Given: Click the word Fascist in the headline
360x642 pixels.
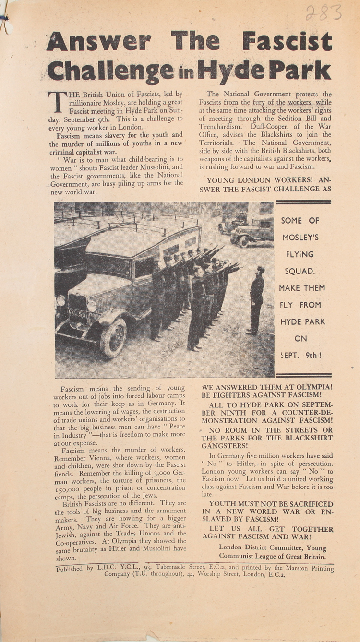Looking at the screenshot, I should [287, 41].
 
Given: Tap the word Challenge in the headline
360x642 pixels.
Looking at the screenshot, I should [110, 71].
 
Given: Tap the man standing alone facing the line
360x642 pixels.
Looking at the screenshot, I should [256, 300].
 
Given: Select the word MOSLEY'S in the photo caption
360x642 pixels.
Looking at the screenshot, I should [300, 238].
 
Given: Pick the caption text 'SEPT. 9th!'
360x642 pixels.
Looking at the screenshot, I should [300, 356].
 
